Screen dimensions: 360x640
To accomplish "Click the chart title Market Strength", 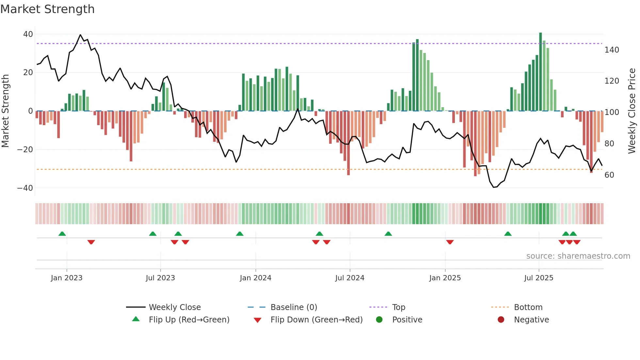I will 47,9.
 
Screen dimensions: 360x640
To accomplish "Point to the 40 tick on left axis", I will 28,34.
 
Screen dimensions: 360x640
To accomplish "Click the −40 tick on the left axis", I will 25,188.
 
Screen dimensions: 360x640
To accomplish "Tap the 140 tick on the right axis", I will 612,50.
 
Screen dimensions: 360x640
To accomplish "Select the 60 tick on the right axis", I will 609,175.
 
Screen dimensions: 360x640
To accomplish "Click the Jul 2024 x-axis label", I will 350,278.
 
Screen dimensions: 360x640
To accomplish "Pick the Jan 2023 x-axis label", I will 67,278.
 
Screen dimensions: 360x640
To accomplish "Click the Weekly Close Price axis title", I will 632,111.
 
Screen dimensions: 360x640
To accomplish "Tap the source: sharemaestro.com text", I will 578,256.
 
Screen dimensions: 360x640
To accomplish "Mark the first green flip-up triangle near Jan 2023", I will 62,234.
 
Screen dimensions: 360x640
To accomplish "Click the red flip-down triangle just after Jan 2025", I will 450,242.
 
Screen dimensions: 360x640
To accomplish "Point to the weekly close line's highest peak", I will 80,35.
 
